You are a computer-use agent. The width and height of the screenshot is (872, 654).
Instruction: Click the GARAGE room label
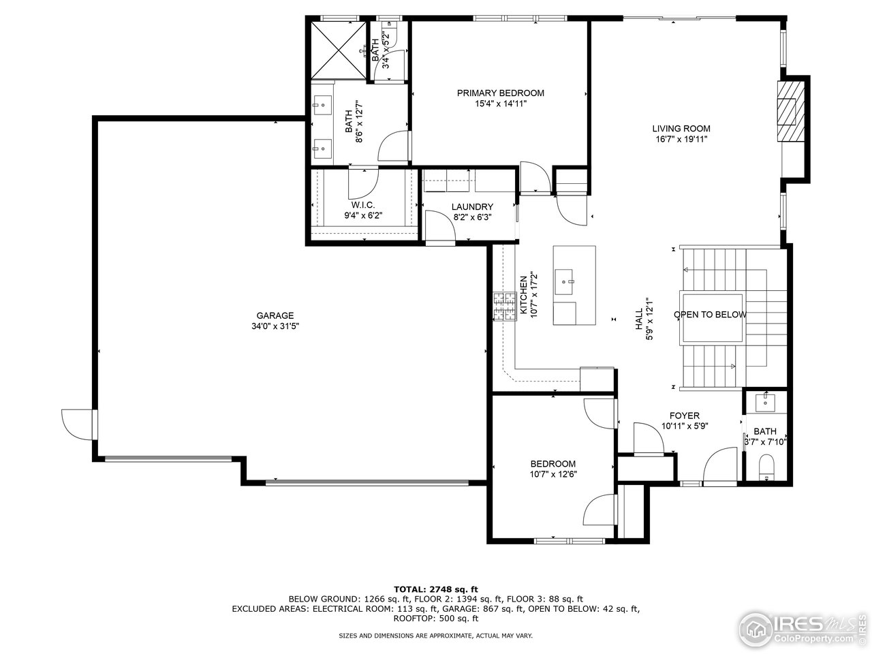[275, 315]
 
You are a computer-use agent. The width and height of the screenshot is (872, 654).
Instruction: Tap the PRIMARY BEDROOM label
[500, 93]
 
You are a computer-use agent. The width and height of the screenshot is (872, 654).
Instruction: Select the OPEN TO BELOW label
[710, 315]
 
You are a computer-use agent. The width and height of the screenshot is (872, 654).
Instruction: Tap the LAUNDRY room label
[472, 207]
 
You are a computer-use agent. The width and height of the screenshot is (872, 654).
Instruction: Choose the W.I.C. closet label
[362, 205]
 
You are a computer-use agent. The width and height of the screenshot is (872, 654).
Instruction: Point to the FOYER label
[684, 416]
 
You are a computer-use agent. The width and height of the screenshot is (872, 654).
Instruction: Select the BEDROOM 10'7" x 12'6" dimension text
[553, 475]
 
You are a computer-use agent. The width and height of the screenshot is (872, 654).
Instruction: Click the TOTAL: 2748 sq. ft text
[436, 589]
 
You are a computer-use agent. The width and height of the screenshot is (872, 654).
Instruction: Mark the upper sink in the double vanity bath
[322, 104]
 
